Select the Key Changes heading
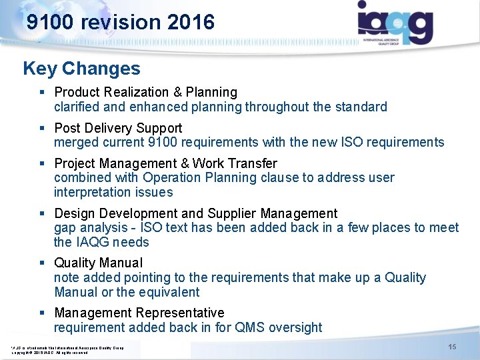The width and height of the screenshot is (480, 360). (x=81, y=69)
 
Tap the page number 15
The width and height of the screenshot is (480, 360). (x=452, y=347)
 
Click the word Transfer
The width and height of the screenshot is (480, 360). (x=253, y=163)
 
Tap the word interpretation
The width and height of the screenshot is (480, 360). (x=94, y=192)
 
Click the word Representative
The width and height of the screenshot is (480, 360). (x=180, y=313)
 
